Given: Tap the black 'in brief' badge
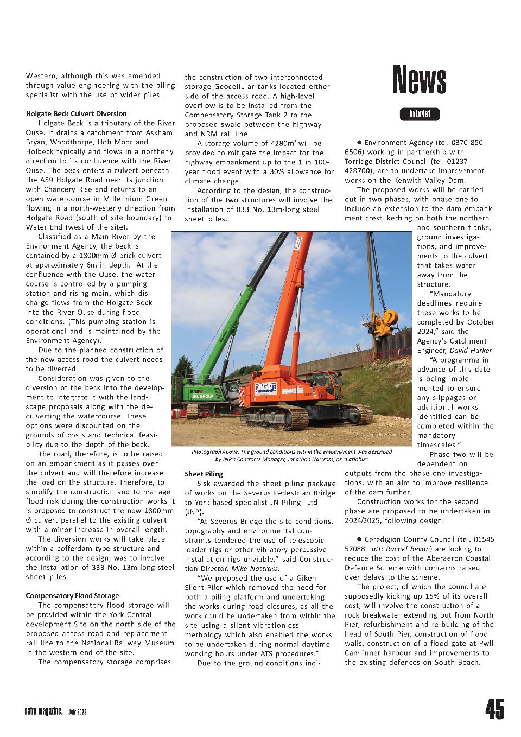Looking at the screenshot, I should coord(420,114).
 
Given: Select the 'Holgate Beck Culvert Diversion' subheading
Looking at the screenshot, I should coord(76,113).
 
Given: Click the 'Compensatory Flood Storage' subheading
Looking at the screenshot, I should coord(72,595).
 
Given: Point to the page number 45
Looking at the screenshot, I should coord(494,709).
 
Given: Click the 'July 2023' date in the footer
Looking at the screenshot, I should coord(78,712).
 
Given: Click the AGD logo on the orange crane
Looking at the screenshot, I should coord(266,389).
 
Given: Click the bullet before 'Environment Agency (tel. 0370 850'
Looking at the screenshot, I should coord(359,142).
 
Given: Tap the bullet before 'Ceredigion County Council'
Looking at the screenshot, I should coord(359,539).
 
